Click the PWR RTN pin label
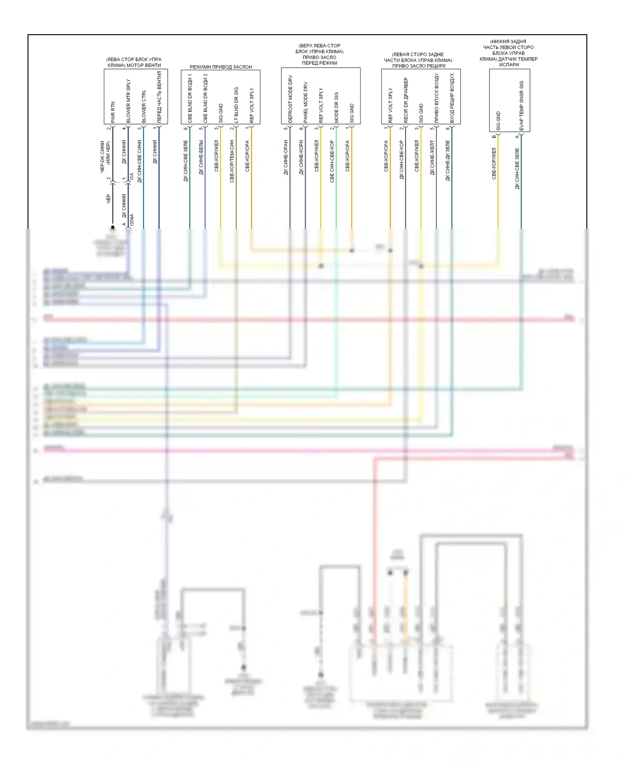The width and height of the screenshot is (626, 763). tap(113, 112)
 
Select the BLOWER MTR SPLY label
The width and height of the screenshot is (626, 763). tap(128, 101)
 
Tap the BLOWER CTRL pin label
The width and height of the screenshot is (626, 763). tap(144, 106)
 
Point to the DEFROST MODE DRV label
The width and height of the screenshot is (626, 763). tap(290, 99)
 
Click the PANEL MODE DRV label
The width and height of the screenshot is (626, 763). tap(305, 102)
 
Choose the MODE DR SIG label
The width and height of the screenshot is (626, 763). tap(336, 107)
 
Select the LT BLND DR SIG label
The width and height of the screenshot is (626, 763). tap(236, 105)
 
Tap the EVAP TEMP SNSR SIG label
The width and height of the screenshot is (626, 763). tap(521, 106)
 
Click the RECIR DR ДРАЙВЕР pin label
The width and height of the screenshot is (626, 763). tap(406, 100)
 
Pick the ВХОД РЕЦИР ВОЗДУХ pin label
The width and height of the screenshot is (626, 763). tap(452, 98)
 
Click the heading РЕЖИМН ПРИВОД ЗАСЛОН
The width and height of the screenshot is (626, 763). tap(221, 67)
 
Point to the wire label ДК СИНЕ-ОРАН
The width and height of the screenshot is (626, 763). tap(286, 157)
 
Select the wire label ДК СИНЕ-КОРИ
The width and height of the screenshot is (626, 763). tap(301, 157)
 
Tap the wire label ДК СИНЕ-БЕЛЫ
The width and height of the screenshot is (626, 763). tap(201, 157)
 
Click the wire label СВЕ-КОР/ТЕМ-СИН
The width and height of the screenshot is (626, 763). tap(232, 161)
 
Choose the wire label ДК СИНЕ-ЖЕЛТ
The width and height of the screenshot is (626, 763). tap(432, 158)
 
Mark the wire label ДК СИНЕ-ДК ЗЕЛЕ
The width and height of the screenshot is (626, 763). tap(448, 160)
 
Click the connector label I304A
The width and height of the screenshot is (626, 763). tap(132, 220)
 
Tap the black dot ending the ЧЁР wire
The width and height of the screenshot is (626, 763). tap(113, 227)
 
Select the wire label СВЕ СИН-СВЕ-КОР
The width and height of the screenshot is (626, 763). tap(332, 161)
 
